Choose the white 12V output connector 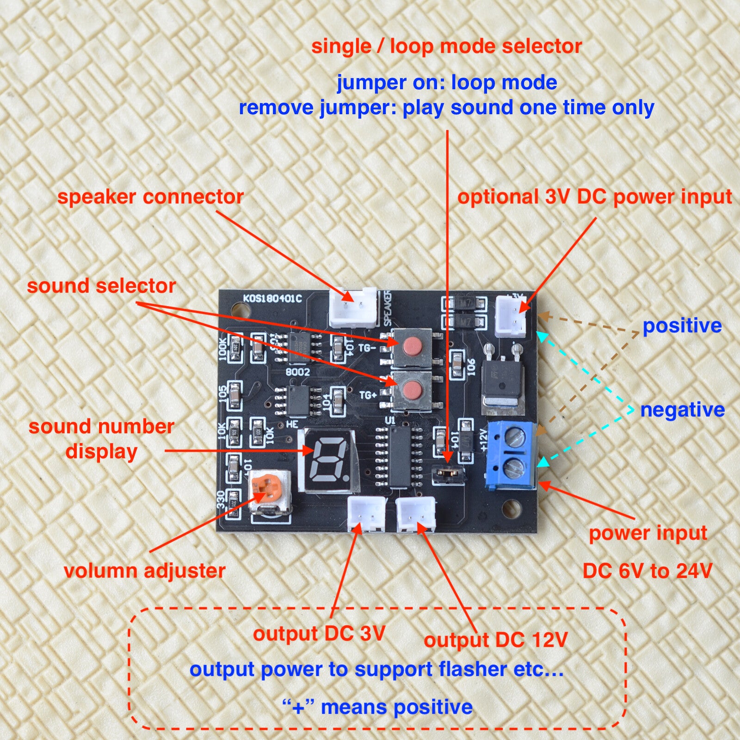point(416,513)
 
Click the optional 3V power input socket point(511,316)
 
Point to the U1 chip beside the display point(398,457)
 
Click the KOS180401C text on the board point(272,298)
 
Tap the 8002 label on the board point(297,371)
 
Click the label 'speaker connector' point(150,197)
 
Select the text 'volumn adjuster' point(144,570)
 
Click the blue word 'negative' point(682,410)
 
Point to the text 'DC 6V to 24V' point(647,571)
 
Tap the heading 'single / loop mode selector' point(446,47)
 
